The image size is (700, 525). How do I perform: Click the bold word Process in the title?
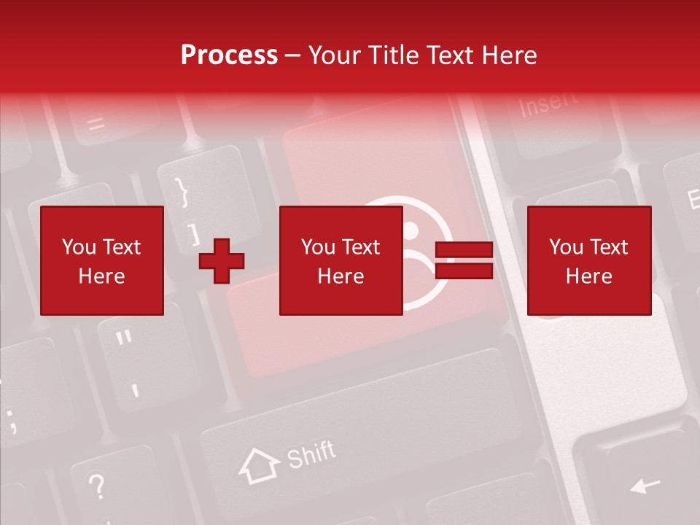click(229, 55)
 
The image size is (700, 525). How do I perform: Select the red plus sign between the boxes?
click(222, 261)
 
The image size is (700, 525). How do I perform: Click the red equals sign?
click(464, 261)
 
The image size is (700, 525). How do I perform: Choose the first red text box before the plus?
click(102, 260)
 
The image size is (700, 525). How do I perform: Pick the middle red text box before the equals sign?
click(341, 260)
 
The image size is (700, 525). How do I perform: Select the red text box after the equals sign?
click(588, 260)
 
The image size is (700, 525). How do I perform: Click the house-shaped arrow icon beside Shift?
click(259, 465)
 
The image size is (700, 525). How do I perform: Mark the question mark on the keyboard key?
click(96, 484)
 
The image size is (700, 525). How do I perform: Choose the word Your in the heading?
click(334, 55)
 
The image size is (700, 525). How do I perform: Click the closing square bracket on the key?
click(193, 234)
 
